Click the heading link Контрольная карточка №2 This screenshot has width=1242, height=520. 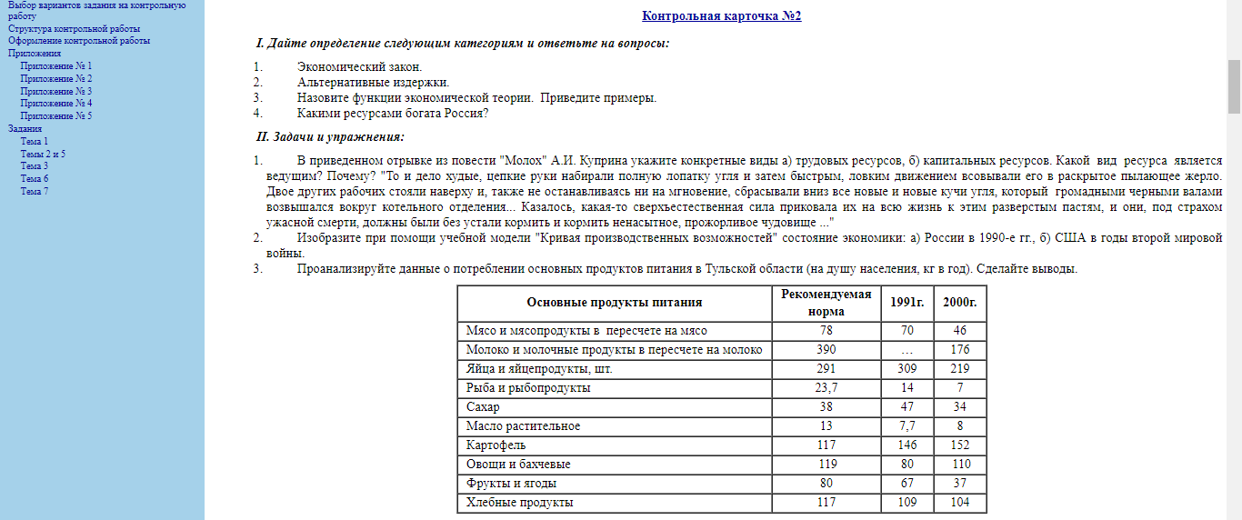[721, 15]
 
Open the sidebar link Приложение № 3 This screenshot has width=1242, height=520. [56, 91]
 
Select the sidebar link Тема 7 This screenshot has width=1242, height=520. [35, 191]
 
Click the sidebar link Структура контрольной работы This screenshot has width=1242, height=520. [75, 28]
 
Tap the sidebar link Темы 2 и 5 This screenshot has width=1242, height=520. [43, 154]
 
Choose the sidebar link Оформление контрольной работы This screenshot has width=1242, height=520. [79, 40]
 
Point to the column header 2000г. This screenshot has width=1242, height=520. [959, 302]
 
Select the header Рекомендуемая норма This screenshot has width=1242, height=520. [826, 302]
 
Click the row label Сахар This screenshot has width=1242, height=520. [483, 407]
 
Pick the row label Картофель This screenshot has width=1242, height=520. [496, 445]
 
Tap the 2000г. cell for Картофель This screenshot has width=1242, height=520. [959, 445]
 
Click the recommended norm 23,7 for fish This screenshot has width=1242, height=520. [826, 388]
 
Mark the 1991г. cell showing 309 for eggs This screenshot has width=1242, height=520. [906, 369]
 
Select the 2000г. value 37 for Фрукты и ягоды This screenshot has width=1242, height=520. [959, 484]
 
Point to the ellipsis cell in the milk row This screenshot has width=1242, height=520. [906, 350]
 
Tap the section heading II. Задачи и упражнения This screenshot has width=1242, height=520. [331, 136]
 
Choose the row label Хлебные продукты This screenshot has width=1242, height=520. [519, 503]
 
